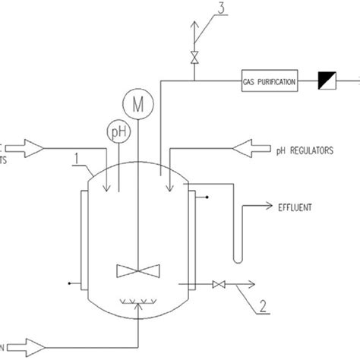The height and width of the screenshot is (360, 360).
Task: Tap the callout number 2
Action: tap(261, 307)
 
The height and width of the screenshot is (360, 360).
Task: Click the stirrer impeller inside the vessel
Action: tap(138, 270)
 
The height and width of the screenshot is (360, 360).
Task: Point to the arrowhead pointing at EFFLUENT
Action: tap(270, 205)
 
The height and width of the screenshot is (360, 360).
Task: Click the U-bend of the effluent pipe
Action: tap(238, 258)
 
